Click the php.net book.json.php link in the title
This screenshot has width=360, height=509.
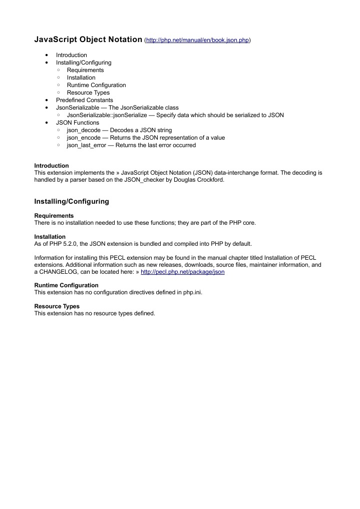[197, 40]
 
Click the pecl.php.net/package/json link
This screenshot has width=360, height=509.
[183, 272]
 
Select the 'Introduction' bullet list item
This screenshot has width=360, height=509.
[71, 55]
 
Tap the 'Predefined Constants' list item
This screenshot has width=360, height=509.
[84, 100]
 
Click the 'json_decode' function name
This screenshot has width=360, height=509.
[84, 130]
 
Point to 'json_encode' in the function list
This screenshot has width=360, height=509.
[84, 138]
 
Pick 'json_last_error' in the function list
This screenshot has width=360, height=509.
[86, 145]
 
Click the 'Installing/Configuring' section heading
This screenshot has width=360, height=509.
[71, 201]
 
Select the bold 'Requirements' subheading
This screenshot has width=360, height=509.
[54, 216]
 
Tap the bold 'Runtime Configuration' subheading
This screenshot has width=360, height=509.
[66, 285]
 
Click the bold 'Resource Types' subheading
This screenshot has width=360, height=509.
[57, 306]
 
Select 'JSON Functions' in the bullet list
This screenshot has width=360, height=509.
[77, 123]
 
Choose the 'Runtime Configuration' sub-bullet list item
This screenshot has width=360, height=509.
[96, 85]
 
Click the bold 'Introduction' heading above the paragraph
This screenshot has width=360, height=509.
[51, 166]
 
